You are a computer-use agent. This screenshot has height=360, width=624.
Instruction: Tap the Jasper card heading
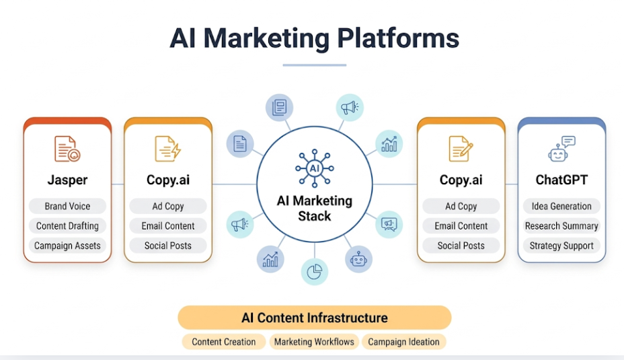tap(67, 180)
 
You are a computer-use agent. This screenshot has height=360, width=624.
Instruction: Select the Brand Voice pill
tap(67, 207)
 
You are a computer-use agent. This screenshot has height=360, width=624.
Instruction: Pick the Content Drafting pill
tap(67, 226)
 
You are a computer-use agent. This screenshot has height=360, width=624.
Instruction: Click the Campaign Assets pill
tap(67, 246)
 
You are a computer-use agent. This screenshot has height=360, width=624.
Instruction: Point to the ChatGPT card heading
tap(561, 180)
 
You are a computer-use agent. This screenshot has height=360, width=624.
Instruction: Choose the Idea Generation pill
tap(561, 207)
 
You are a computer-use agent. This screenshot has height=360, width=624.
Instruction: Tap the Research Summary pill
tap(561, 226)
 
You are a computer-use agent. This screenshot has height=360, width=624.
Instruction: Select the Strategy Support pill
tap(561, 246)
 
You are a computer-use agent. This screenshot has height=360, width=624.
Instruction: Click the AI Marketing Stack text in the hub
tap(315, 209)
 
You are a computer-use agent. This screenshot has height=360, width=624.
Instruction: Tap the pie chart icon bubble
tap(314, 271)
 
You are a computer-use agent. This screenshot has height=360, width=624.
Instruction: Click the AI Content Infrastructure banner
tap(315, 318)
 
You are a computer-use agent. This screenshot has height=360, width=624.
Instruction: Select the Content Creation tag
tap(224, 342)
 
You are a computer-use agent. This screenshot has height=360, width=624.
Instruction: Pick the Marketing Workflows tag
tap(314, 342)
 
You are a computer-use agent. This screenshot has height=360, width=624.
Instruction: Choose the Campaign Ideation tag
tap(403, 342)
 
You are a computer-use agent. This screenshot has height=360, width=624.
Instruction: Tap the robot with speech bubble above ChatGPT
tap(561, 149)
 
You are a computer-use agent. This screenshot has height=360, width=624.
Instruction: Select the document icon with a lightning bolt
tap(167, 149)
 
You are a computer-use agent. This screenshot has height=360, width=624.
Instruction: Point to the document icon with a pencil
tap(461, 149)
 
